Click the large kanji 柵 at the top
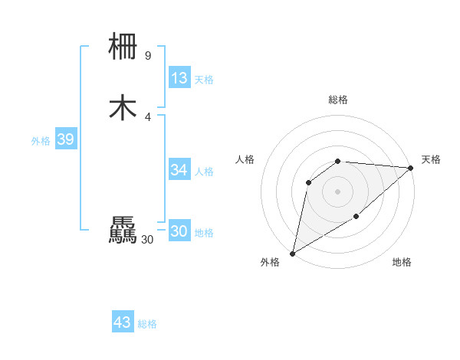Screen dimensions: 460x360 tap(123, 47)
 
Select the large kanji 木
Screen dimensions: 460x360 tap(123, 108)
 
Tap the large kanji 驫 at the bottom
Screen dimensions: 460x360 tap(123, 231)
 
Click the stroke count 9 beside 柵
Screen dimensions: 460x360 tap(147, 55)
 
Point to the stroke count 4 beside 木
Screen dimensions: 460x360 tap(147, 116)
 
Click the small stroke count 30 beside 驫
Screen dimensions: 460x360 tap(147, 240)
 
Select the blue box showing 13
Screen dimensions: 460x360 tap(179, 77)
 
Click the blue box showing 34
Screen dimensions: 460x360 tap(179, 169)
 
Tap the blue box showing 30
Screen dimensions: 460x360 tap(179, 231)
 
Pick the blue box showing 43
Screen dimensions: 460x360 tap(123, 322)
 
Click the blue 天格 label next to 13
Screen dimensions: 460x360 tap(203, 80)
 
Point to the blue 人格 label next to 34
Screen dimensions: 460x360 tap(204, 172)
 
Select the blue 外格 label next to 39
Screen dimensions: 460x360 tap(41, 141)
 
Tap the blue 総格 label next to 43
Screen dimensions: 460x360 tap(147, 325)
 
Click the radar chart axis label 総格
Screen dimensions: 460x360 tap(338, 100)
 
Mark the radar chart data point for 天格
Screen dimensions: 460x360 tap(411, 169)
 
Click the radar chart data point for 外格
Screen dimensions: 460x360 tap(292, 253)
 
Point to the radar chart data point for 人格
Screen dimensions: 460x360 tap(309, 182)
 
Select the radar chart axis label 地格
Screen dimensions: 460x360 tap(402, 262)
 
